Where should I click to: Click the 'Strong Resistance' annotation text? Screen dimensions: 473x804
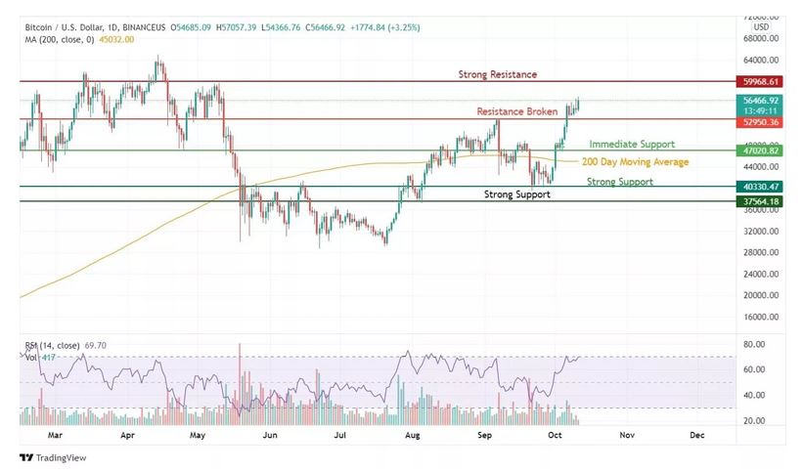click(498, 74)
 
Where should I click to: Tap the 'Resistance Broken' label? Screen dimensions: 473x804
click(516, 111)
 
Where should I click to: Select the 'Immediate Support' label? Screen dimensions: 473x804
click(632, 144)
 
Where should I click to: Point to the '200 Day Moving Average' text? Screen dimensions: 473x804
click(635, 162)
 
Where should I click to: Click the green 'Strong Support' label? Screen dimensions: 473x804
click(620, 182)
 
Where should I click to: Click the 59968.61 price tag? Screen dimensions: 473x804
click(760, 82)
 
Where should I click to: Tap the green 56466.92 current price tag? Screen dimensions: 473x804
click(760, 101)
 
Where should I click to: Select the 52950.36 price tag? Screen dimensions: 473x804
click(760, 122)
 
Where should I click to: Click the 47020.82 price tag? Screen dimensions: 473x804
click(760, 150)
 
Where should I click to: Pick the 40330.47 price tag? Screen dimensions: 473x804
click(760, 186)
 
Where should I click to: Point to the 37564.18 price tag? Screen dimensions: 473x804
click(760, 201)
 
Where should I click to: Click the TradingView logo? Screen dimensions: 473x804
click(54, 457)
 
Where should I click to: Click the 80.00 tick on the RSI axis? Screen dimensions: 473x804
click(753, 345)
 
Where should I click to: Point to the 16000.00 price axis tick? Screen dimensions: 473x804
click(760, 317)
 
